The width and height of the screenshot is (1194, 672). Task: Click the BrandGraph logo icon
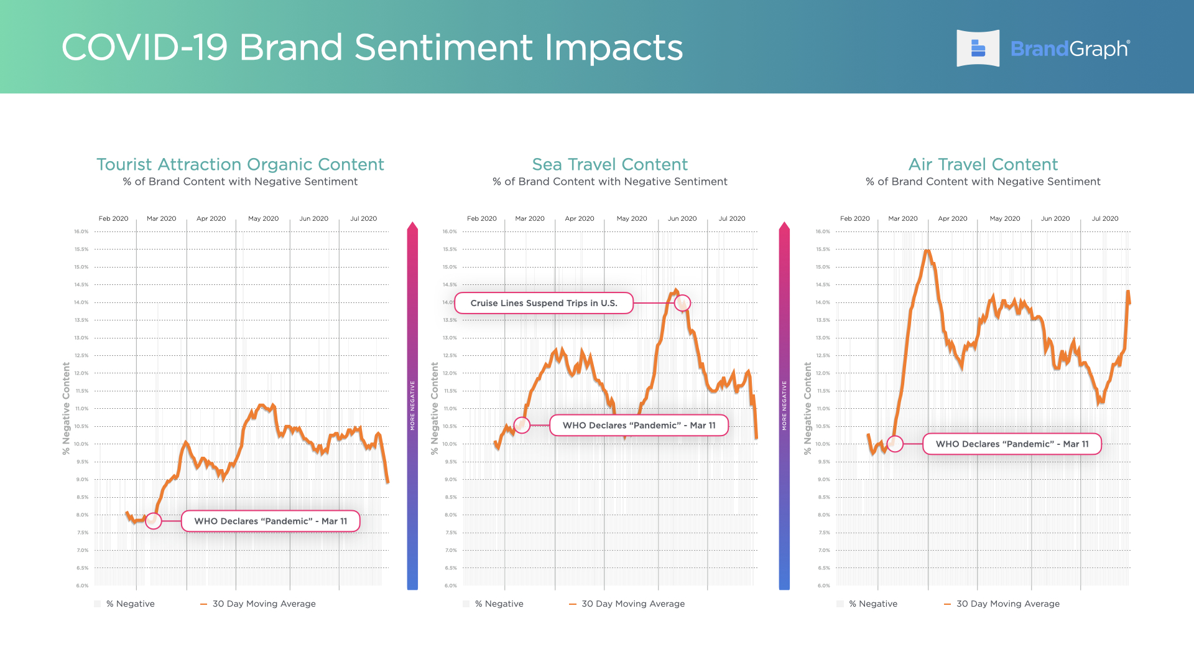978,49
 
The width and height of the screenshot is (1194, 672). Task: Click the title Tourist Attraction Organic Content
240,164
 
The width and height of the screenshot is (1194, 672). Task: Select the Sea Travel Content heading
609,164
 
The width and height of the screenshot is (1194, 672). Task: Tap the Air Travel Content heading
983,164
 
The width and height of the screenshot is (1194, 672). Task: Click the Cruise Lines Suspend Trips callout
544,303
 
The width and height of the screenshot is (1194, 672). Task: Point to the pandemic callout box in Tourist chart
271,521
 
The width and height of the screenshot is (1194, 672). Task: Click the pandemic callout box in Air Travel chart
1012,444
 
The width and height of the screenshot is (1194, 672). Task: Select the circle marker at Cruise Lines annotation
682,303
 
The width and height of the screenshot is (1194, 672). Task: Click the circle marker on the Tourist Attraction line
154,521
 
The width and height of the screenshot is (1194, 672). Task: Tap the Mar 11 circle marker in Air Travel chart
895,444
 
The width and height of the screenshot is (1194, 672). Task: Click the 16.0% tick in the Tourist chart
81,231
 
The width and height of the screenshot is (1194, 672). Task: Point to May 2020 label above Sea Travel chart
631,218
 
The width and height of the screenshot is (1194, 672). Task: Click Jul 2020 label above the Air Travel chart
1104,218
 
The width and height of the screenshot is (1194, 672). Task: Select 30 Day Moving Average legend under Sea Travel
632,604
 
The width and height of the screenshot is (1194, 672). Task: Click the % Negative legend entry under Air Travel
872,604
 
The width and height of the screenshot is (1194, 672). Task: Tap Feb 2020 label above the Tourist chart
113,218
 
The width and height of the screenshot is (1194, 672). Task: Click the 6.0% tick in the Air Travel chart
823,586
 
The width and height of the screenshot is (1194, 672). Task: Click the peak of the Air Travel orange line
927,251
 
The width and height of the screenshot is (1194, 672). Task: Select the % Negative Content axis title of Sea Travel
435,408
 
